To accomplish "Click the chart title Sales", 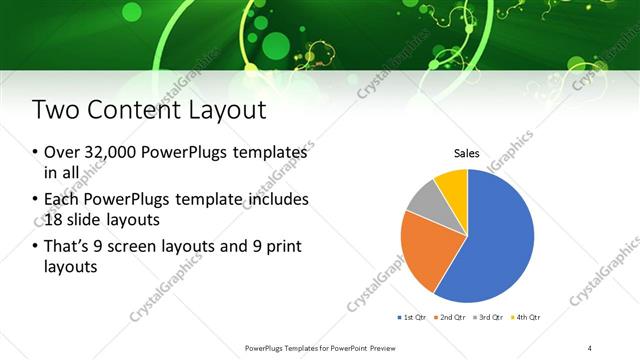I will point(467,154).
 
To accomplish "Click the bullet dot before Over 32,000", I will point(34,153).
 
